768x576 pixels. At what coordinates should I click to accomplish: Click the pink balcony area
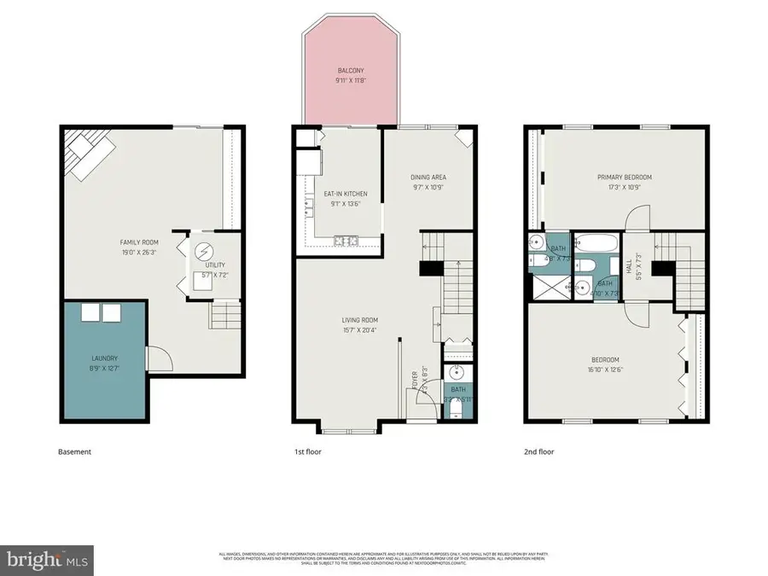pyautogui.click(x=349, y=81)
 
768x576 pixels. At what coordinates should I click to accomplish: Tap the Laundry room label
pyautogui.click(x=105, y=358)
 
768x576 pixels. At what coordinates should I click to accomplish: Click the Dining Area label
pyautogui.click(x=428, y=177)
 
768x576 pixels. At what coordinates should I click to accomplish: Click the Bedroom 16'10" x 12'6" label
pyautogui.click(x=604, y=359)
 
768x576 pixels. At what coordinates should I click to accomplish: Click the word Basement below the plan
pyautogui.click(x=74, y=451)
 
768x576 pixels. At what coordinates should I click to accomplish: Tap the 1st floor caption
pyautogui.click(x=308, y=451)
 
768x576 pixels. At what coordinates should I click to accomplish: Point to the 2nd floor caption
pyautogui.click(x=539, y=451)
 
